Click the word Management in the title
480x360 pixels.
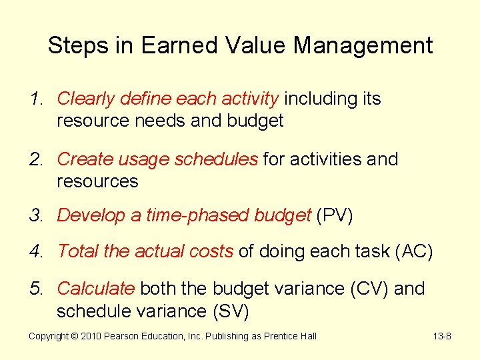click(363, 45)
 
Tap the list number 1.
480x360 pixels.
click(35, 99)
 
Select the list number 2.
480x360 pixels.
click(35, 159)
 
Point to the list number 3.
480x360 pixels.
click(35, 215)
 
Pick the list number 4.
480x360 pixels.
click(35, 251)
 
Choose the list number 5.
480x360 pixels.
click(35, 289)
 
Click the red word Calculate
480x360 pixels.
click(96, 289)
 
